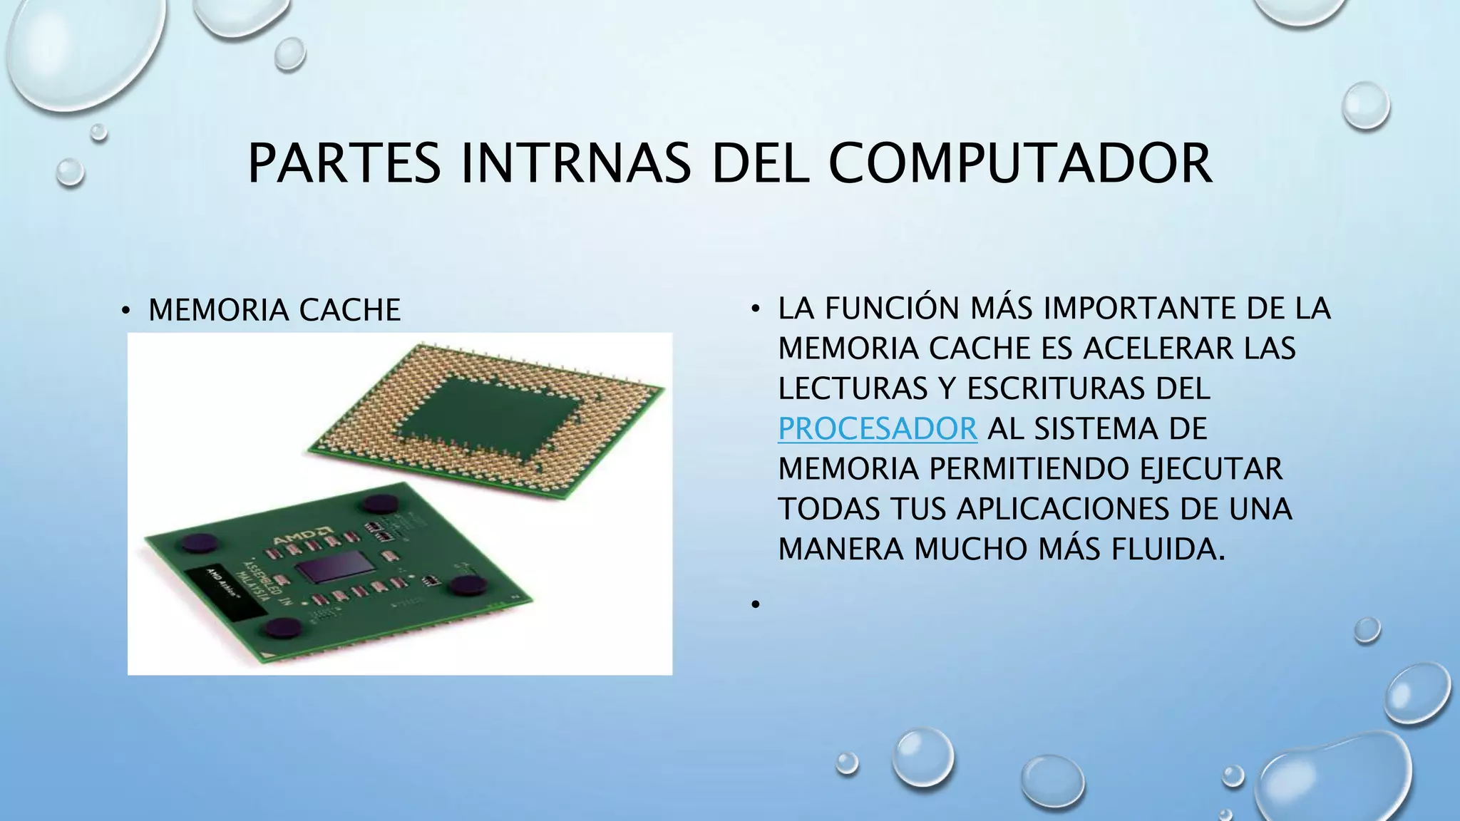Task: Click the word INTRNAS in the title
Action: (x=576, y=164)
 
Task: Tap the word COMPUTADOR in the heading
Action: (x=1019, y=164)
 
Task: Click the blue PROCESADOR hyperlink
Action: (x=877, y=429)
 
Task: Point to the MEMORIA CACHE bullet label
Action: (x=274, y=310)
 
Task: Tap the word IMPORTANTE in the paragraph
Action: (x=1138, y=309)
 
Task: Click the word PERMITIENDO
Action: (x=1029, y=469)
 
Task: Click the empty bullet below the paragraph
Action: (x=754, y=605)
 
